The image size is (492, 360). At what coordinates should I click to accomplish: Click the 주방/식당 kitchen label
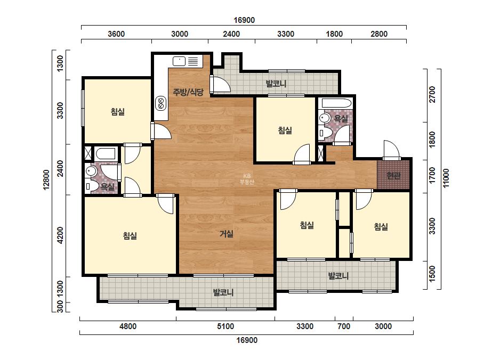click(188, 92)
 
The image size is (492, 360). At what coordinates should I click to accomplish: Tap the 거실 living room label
click(226, 234)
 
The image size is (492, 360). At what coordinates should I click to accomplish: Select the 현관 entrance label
click(393, 175)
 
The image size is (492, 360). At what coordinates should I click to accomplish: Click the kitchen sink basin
click(179, 61)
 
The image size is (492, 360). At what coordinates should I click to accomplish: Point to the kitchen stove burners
click(160, 103)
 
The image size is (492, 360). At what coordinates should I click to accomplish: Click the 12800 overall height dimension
click(46, 180)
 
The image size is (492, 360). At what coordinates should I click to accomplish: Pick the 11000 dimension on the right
click(446, 178)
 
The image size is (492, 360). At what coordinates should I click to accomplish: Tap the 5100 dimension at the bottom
click(225, 326)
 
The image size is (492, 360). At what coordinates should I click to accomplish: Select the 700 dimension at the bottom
click(344, 326)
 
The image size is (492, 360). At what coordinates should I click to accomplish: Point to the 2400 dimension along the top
click(231, 34)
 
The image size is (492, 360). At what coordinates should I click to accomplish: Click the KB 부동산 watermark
click(247, 179)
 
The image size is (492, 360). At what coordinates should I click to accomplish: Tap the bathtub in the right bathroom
click(336, 103)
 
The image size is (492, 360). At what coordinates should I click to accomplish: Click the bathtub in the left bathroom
click(106, 154)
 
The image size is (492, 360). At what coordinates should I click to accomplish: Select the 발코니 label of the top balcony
click(276, 84)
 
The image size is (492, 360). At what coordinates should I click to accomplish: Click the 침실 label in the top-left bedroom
click(118, 112)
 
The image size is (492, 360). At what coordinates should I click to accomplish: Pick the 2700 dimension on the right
click(432, 94)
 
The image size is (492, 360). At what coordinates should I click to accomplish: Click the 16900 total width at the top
click(244, 20)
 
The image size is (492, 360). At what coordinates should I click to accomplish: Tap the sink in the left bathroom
click(91, 171)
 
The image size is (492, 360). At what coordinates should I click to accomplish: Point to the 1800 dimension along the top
click(334, 34)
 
